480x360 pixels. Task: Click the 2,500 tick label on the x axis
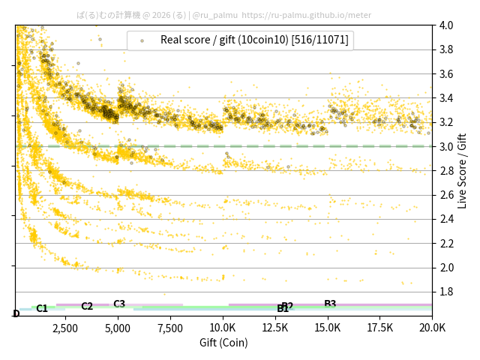65,328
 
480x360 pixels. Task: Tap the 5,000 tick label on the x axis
118,328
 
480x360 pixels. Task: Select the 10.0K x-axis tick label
223,328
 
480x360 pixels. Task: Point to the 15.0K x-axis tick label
328,328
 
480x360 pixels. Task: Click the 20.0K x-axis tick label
432,328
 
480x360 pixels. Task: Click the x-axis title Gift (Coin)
223,343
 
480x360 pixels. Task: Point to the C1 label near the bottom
42,308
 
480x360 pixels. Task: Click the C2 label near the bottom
87,306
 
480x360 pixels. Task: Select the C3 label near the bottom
119,304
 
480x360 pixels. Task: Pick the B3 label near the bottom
330,304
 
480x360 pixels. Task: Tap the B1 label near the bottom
283,309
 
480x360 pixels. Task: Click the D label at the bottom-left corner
16,313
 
